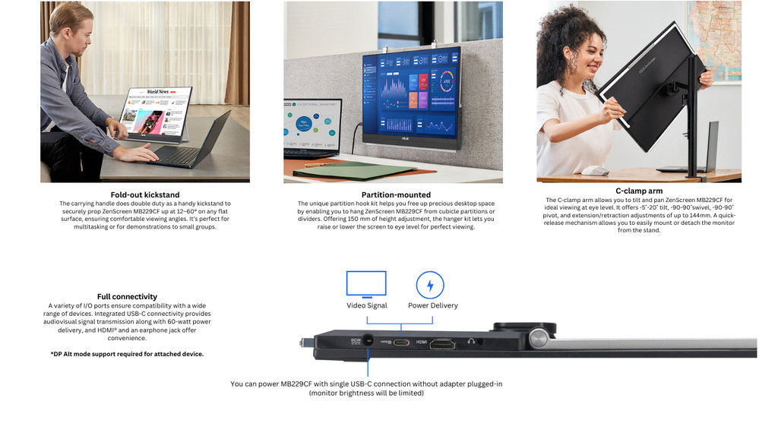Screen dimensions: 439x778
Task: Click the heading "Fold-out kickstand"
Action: click(144, 194)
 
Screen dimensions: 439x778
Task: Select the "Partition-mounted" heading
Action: click(396, 194)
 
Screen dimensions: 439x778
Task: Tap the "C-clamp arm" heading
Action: click(639, 191)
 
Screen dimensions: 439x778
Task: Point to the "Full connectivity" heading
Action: click(127, 296)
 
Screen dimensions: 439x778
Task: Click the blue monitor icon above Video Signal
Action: click(366, 284)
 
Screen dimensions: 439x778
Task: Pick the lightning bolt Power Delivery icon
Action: click(430, 286)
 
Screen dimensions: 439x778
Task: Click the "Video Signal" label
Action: click(366, 305)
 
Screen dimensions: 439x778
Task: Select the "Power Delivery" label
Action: click(433, 305)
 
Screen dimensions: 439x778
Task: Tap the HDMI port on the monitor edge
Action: click(441, 343)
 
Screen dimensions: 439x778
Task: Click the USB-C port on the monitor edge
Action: click(401, 343)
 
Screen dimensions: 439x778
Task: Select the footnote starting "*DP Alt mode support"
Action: click(127, 354)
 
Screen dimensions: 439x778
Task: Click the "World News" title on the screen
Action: click(158, 92)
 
